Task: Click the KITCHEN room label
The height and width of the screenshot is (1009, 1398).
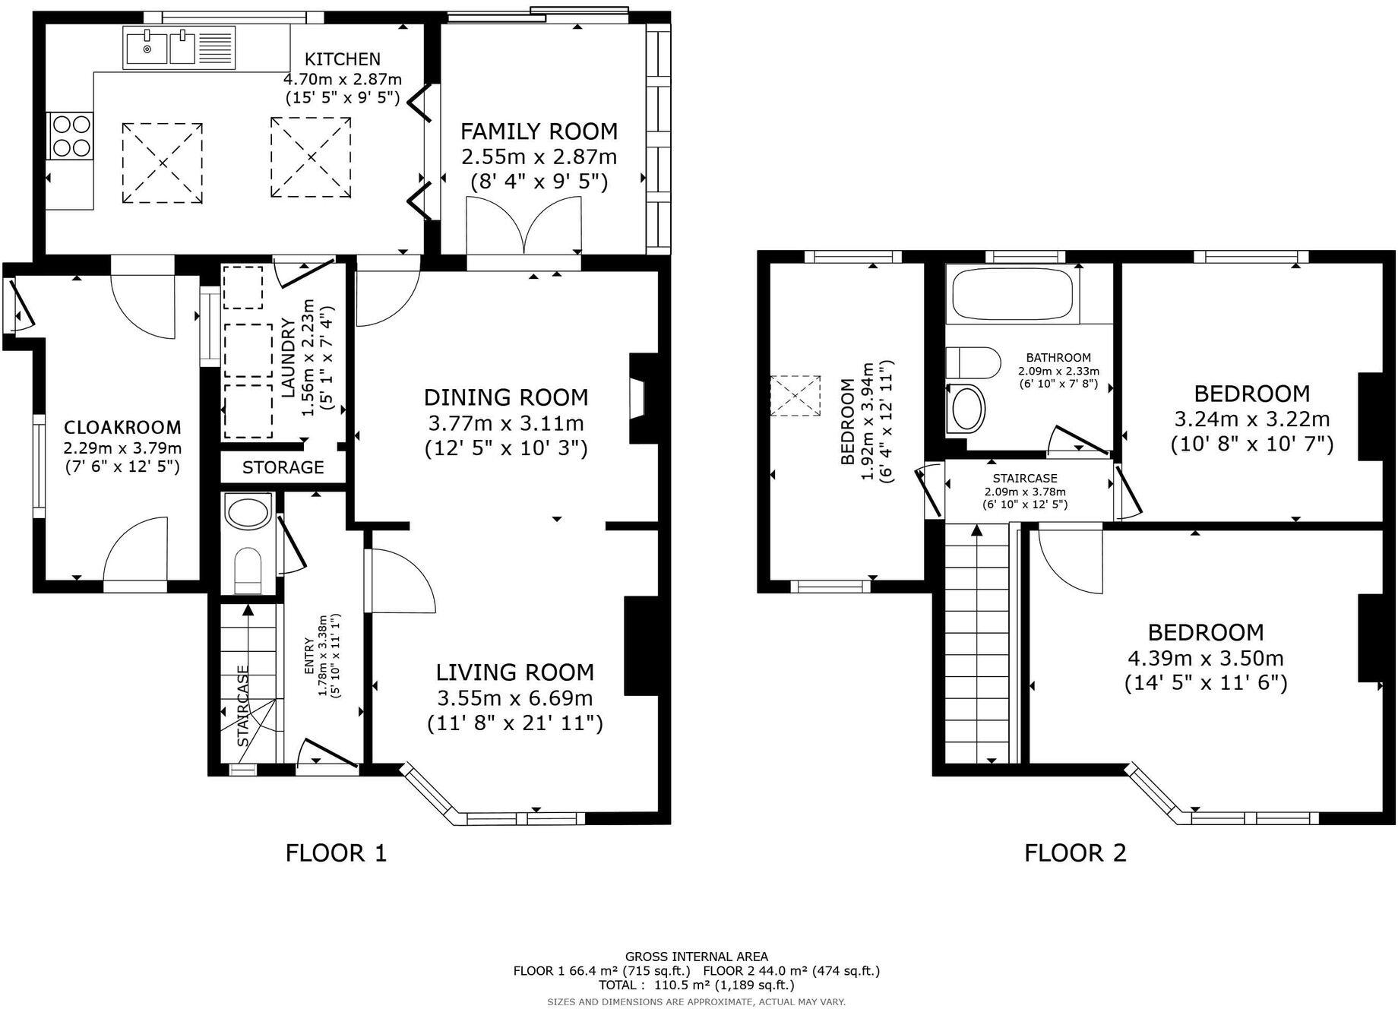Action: (x=342, y=59)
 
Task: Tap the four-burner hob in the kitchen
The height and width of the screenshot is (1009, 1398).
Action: (x=71, y=135)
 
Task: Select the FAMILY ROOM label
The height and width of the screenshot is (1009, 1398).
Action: (x=539, y=131)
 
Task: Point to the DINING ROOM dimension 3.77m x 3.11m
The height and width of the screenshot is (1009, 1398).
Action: (x=506, y=423)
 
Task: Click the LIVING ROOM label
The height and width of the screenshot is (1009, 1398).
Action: (x=515, y=672)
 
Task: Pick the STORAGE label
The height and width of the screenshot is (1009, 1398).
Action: (x=283, y=467)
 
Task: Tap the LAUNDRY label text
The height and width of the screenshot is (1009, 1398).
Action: (x=288, y=359)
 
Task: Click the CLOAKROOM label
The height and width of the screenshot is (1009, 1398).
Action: (x=122, y=427)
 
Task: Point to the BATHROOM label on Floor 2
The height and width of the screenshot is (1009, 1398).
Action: (x=1058, y=358)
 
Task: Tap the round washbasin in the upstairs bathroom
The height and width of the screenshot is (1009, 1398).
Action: (x=966, y=408)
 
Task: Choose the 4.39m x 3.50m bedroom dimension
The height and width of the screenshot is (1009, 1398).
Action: (x=1206, y=658)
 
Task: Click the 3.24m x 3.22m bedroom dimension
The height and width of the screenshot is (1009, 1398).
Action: (x=1252, y=419)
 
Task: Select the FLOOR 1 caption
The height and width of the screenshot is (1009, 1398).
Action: (x=336, y=853)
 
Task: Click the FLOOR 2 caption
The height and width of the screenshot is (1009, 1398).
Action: (x=1075, y=853)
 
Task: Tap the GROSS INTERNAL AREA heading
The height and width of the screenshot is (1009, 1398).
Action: (x=697, y=957)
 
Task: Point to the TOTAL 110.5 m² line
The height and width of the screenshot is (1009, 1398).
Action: (x=697, y=985)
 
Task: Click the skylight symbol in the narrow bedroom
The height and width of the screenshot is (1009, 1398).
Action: (x=795, y=395)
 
